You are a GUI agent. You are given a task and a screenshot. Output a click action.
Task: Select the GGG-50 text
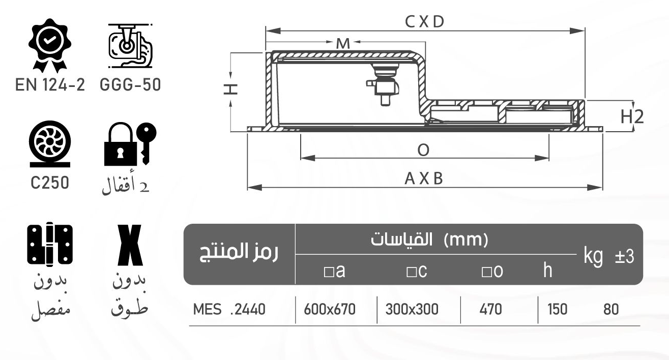(x=130, y=85)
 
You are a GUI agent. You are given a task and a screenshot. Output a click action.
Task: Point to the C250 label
(x=49, y=183)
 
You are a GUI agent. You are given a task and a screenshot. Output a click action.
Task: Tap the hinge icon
(x=49, y=245)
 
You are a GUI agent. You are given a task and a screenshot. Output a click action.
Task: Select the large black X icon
(x=130, y=245)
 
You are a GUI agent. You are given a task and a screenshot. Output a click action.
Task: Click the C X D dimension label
(x=425, y=21)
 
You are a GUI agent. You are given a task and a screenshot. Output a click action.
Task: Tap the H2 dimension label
(x=632, y=117)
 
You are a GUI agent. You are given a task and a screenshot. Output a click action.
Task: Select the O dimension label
(x=423, y=150)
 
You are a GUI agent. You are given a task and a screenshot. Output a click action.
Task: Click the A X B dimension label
(x=424, y=179)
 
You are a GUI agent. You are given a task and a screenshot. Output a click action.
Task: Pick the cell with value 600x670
(x=329, y=309)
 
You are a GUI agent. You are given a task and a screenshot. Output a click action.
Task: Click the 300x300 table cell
(x=411, y=309)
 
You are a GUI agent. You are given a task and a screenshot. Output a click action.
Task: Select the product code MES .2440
(x=229, y=309)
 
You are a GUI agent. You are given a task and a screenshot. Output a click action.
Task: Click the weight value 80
(x=611, y=309)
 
